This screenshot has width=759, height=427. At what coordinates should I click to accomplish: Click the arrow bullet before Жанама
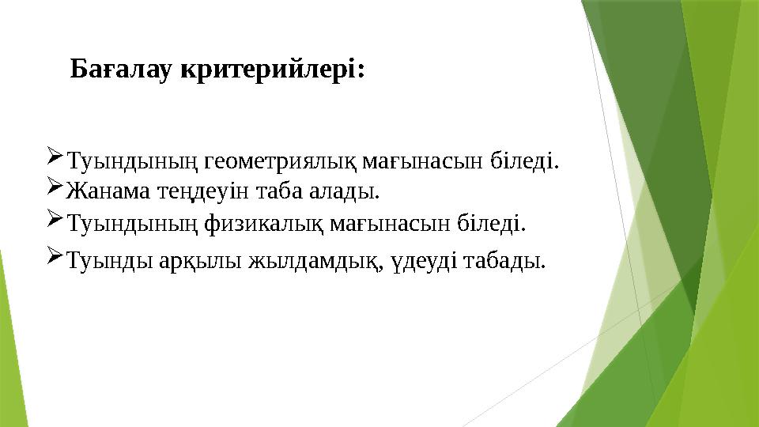(x=55, y=189)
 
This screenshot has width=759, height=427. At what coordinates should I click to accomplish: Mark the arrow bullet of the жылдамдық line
(x=55, y=254)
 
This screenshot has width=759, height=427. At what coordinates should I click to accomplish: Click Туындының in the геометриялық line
(x=133, y=163)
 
